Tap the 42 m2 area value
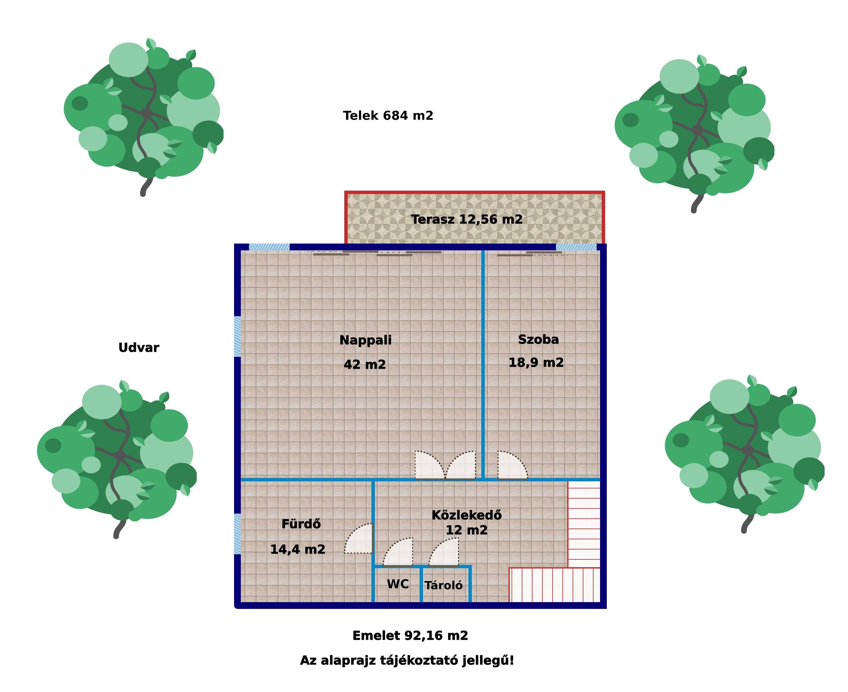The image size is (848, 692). [x=365, y=364]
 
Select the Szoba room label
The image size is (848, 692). [x=538, y=339]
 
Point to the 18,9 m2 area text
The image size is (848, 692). [x=536, y=362]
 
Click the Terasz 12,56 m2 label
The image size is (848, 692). [x=467, y=219]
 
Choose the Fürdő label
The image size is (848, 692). [x=301, y=524]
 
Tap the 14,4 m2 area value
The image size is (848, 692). [x=298, y=549]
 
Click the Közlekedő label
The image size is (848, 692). [x=466, y=515]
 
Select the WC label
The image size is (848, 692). [x=398, y=584]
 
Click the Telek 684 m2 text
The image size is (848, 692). [x=388, y=116]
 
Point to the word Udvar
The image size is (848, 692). [x=139, y=348]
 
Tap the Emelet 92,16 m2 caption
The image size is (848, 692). [x=410, y=635]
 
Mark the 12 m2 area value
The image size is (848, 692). [x=466, y=530]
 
